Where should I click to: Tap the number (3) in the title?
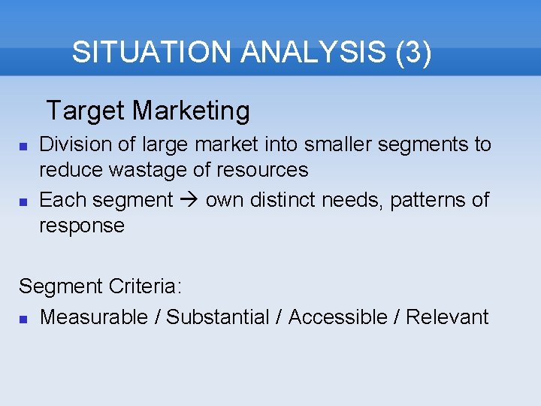(x=413, y=53)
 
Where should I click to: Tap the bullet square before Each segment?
(x=23, y=201)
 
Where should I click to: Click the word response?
(x=81, y=226)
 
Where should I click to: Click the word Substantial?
(x=217, y=317)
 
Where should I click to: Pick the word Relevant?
(x=447, y=317)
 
